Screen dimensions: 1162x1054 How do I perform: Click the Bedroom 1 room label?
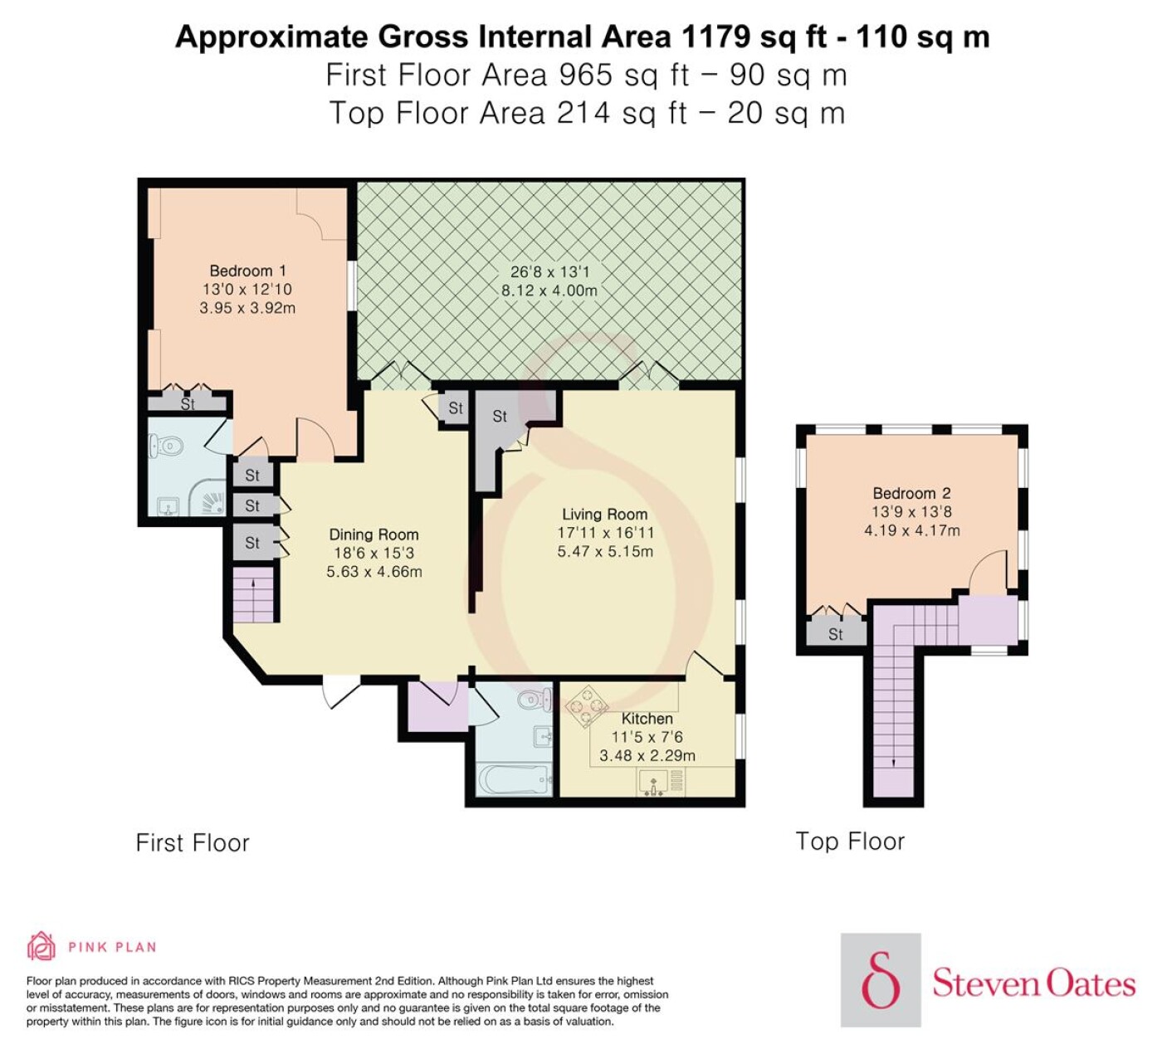(247, 271)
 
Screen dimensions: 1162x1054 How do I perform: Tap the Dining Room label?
(373, 534)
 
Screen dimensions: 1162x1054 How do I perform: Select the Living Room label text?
(605, 514)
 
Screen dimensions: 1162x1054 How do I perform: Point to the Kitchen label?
(647, 719)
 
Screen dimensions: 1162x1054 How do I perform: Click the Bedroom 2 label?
(912, 493)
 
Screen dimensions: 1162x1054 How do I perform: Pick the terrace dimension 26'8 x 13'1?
(549, 271)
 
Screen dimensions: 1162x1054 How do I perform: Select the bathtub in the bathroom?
(513, 780)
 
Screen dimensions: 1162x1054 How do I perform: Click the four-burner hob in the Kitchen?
(586, 706)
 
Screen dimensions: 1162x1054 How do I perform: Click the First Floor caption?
(193, 842)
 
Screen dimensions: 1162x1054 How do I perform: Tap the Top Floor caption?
(850, 842)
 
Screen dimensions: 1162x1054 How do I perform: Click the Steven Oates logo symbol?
(881, 979)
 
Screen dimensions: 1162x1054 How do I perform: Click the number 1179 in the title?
(715, 37)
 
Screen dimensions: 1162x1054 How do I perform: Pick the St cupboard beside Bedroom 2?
(835, 634)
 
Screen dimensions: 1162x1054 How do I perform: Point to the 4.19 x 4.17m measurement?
(912, 530)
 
